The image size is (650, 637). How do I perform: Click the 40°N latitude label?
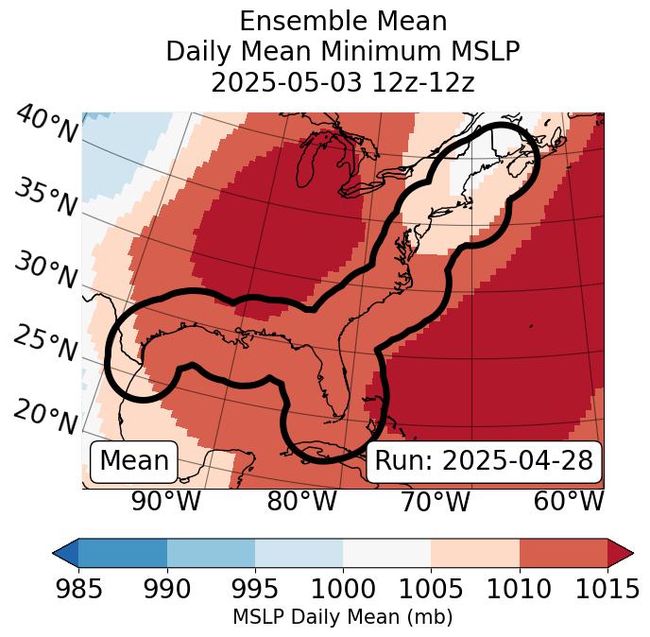tap(45, 125)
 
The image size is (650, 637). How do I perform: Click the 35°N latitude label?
tap(45, 197)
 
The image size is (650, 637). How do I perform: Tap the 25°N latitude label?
tap(45, 344)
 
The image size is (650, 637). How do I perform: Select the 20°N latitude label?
tap(45, 416)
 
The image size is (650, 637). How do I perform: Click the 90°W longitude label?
tap(166, 501)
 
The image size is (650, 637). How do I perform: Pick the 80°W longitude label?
tap(302, 501)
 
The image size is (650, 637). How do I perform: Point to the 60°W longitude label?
tap(569, 501)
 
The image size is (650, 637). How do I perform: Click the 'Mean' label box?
tap(134, 461)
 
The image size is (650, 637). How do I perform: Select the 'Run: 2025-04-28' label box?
tap(484, 461)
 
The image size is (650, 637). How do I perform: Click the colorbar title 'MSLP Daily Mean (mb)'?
tap(342, 617)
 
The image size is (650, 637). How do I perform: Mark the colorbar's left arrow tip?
tap(55, 552)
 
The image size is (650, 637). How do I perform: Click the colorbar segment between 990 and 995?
tap(211, 552)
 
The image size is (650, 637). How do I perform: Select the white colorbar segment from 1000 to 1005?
tap(386, 552)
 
